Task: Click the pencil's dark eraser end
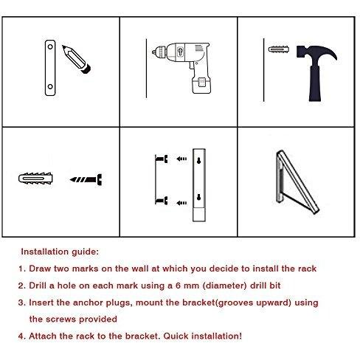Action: (x=86, y=69)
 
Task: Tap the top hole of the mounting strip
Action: (x=50, y=46)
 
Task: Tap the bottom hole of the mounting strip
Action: (x=50, y=86)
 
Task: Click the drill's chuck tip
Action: (x=154, y=52)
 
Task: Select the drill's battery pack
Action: (x=201, y=84)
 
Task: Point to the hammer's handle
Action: (x=315, y=83)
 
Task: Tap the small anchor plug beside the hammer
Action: (x=279, y=49)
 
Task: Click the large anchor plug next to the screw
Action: (x=35, y=179)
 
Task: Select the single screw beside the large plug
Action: (x=86, y=179)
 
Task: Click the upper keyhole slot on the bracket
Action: (x=198, y=160)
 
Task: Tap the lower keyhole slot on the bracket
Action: (x=198, y=197)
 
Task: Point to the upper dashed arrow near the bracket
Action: (x=181, y=159)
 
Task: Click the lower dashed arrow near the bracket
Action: (x=181, y=203)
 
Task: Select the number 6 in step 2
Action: (x=179, y=285)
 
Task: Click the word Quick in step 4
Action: (x=176, y=336)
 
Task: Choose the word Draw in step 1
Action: (x=40, y=269)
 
